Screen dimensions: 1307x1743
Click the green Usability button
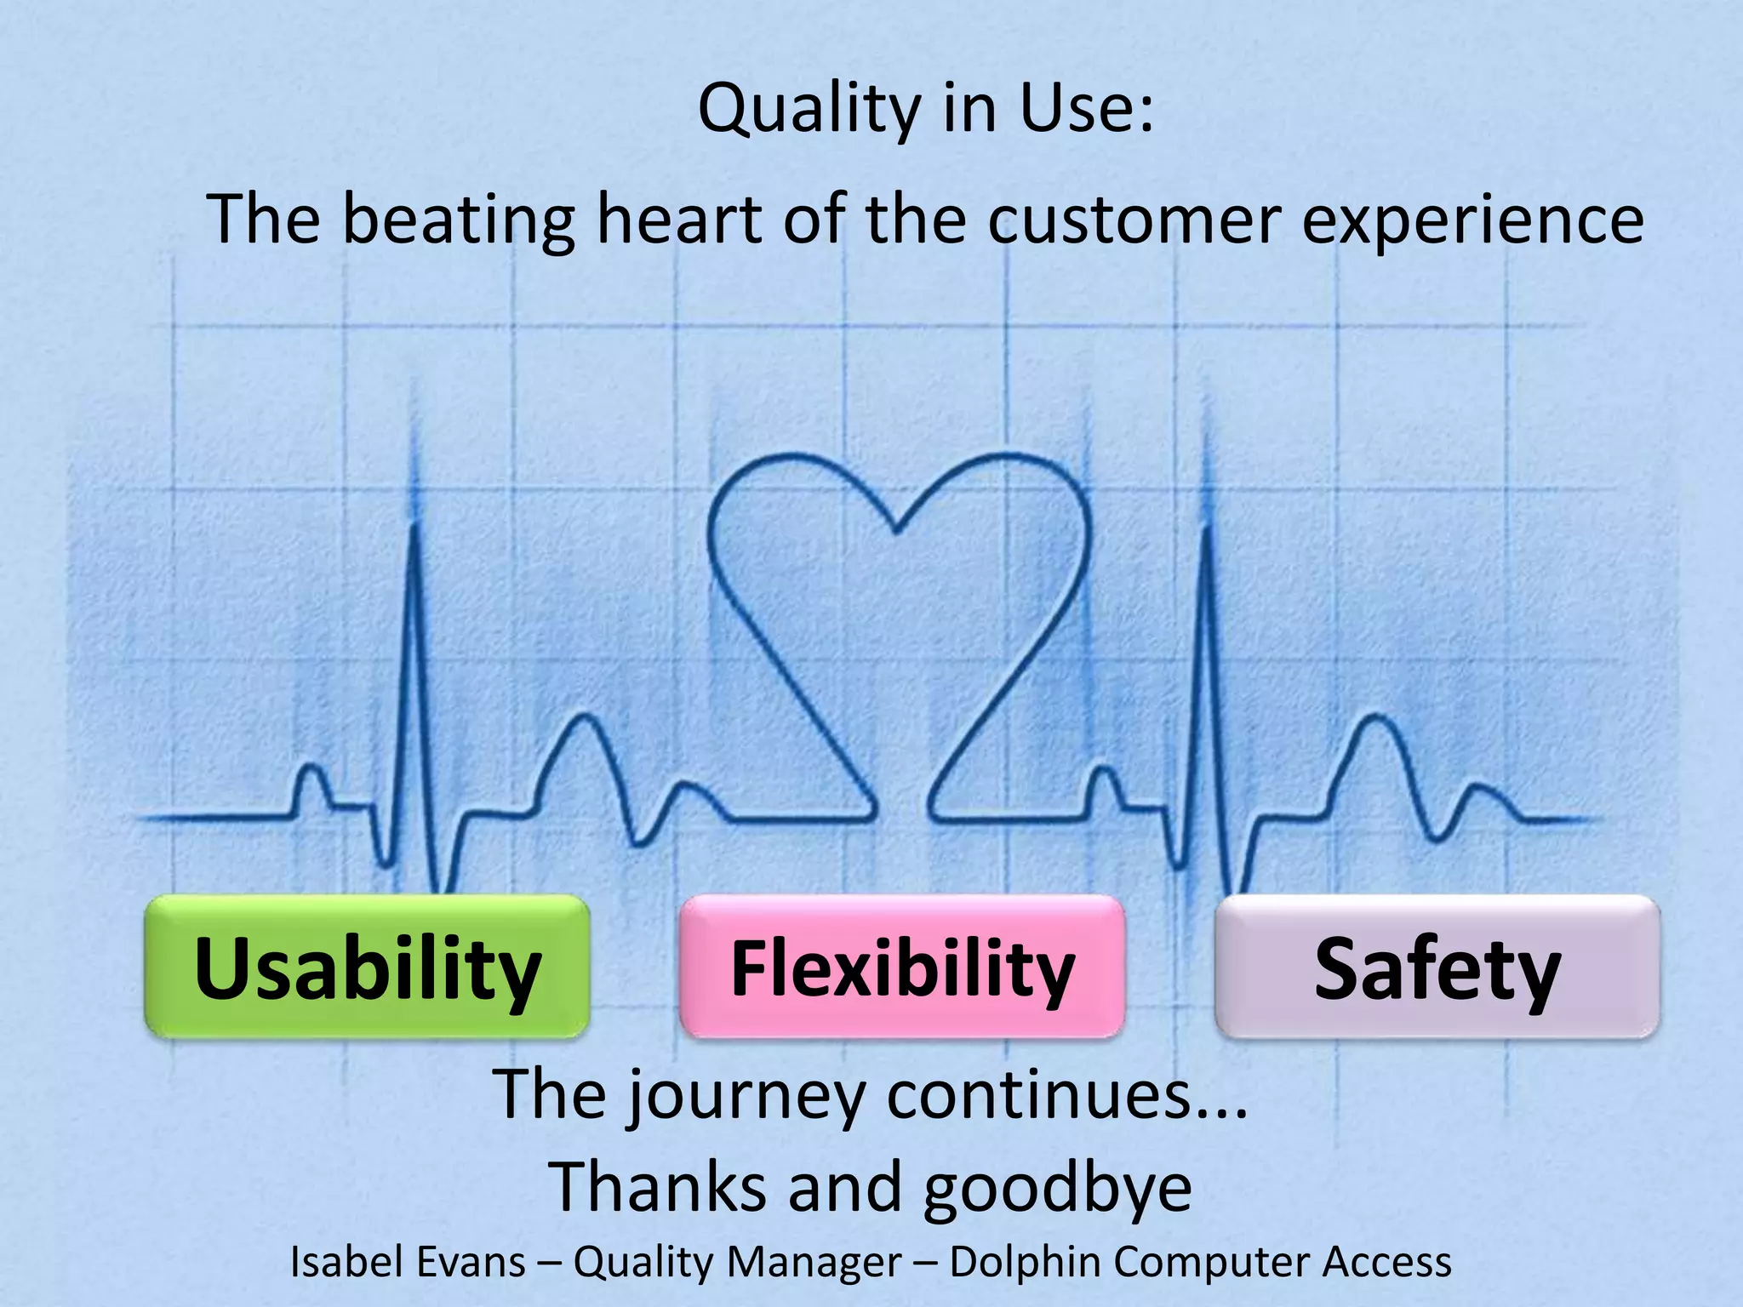tap(367, 967)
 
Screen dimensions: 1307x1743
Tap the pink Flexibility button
tap(902, 967)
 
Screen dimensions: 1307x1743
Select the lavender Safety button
tap(1437, 967)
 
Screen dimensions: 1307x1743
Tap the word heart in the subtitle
tap(678, 220)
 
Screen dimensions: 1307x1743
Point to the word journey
tap(746, 1098)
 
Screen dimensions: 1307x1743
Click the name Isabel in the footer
tap(336, 1262)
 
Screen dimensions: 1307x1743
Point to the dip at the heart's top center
tap(897, 532)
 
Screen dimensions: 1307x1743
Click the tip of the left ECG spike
tap(414, 526)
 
